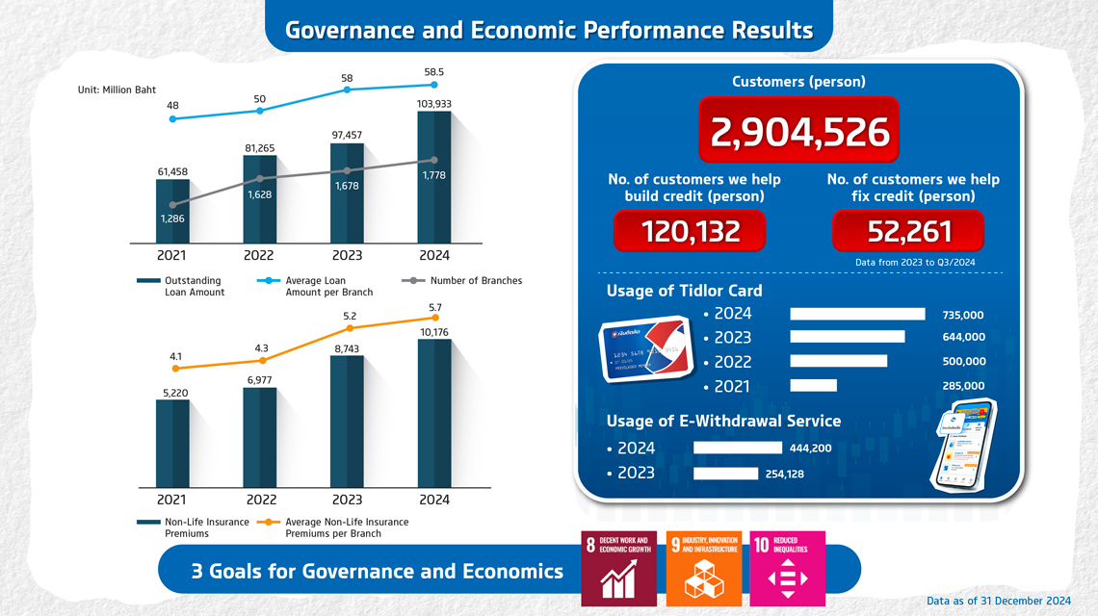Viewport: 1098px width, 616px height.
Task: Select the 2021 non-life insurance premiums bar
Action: point(173,443)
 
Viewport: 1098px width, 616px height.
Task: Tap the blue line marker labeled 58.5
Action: point(434,85)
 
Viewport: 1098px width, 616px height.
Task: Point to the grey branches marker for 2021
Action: point(173,205)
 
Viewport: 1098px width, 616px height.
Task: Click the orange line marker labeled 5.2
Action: point(349,328)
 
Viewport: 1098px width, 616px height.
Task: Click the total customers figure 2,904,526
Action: point(799,133)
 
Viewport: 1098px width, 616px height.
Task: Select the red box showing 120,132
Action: point(690,231)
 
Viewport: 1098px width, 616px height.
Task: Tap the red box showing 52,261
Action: point(908,231)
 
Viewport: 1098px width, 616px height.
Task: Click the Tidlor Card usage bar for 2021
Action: point(813,386)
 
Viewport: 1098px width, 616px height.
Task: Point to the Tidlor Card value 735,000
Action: point(963,315)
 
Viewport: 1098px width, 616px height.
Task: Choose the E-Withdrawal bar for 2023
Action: point(725,473)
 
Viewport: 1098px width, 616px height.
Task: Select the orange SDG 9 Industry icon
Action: point(703,568)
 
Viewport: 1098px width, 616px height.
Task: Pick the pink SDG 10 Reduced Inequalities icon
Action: point(787,568)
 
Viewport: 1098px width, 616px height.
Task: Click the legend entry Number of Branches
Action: point(475,281)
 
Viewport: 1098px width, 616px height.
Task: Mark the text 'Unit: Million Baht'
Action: point(117,90)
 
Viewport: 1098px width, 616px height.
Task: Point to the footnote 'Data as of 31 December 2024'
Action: point(999,601)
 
